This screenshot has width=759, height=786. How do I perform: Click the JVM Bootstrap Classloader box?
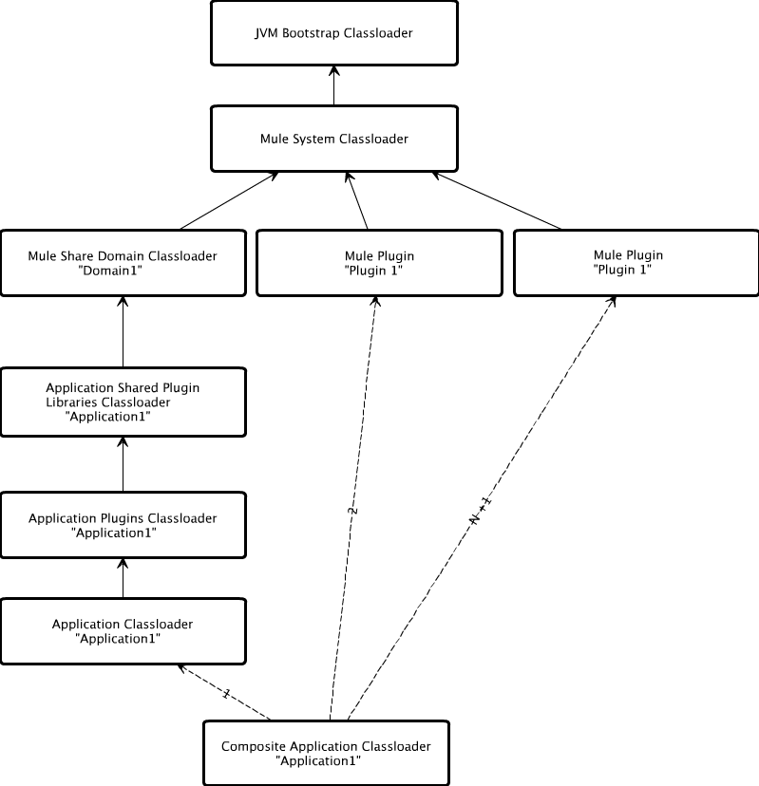coord(333,33)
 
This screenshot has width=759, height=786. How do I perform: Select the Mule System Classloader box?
coord(333,139)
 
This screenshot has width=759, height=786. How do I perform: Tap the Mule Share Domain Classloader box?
coord(123,263)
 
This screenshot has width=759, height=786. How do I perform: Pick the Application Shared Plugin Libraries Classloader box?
coord(123,402)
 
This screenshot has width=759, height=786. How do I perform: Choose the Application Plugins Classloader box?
coord(123,525)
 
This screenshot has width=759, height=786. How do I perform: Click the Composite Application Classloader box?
coord(326,753)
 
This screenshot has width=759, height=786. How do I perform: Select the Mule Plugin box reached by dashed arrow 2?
coord(379,263)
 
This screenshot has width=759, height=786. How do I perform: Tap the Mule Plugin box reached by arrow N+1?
coord(636,262)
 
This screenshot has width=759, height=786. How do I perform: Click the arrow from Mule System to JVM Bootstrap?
coord(333,85)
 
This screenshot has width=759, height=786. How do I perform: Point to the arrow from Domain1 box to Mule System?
coord(228,201)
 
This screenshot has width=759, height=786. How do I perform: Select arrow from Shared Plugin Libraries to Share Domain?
coord(123,332)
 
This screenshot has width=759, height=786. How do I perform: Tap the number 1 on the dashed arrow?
coord(225,694)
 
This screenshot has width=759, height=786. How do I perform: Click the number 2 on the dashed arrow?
coord(352,511)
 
